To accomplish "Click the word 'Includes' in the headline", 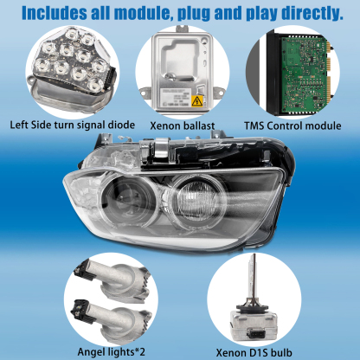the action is point(55,13).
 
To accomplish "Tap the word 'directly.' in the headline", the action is point(312,13).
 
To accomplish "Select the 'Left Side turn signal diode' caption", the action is point(73,125).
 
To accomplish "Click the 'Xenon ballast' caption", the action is point(183,125).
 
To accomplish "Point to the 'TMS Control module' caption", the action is point(292,125).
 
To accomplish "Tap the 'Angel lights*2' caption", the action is point(111,352).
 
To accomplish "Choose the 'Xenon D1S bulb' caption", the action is point(254,353).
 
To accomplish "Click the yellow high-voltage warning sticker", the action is point(197,101).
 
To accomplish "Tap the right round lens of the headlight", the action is point(196,200).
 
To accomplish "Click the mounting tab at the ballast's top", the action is point(183,29).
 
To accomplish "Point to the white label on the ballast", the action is point(176,97).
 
